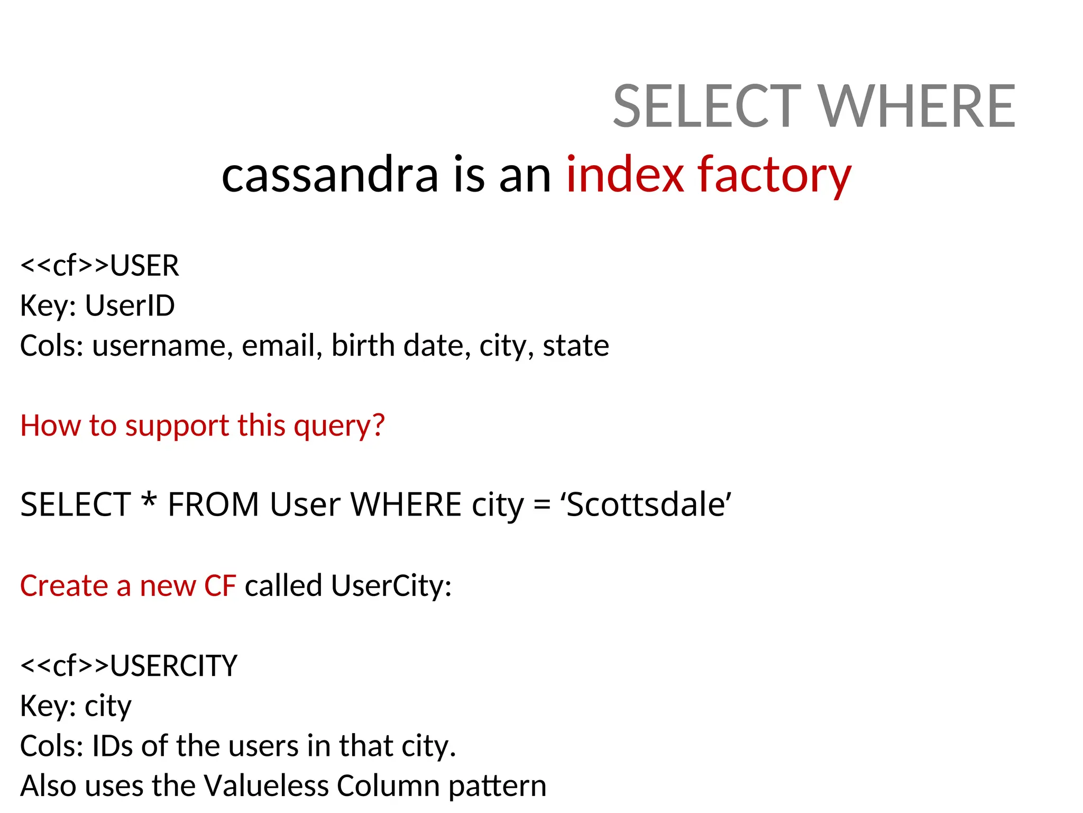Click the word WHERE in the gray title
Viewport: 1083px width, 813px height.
pos(917,107)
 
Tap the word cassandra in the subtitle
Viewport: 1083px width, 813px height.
pos(330,175)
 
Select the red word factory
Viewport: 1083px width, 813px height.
pos(774,175)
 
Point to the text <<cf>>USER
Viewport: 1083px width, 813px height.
pos(99,266)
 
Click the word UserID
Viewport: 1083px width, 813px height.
pos(130,306)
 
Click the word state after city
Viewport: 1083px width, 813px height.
pos(576,346)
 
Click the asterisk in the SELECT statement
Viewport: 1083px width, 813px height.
pos(149,500)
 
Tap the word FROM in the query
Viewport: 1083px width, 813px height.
pos(213,504)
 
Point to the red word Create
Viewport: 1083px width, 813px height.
pos(64,586)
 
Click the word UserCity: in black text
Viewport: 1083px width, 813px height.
pos(391,586)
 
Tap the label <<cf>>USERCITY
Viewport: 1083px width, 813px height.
pos(129,666)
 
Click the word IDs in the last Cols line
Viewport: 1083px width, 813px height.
pos(112,746)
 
